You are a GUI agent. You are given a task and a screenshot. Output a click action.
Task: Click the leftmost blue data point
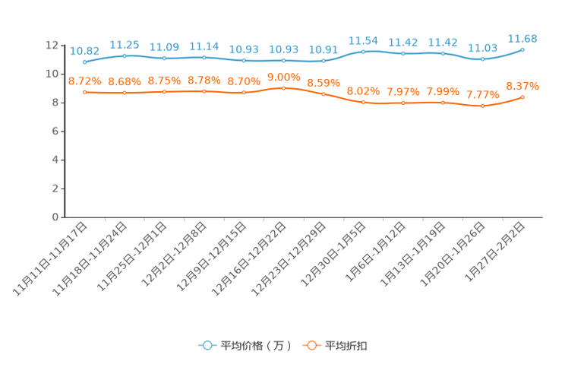coord(84,62)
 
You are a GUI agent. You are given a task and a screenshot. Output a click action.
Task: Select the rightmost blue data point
coord(522,49)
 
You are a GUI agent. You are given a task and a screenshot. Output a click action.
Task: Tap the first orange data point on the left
coord(84,91)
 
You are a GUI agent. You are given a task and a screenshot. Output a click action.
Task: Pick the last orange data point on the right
coord(522,97)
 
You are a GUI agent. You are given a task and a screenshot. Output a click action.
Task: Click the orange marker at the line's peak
coord(283,87)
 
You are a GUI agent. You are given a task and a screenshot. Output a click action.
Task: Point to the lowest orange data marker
coord(482,106)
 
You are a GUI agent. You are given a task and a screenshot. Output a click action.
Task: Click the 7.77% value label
coord(482,95)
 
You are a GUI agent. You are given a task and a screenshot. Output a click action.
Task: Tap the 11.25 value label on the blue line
coord(124,45)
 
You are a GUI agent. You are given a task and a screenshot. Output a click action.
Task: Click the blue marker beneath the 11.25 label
coord(124,55)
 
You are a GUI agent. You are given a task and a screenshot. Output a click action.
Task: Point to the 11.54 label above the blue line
coord(363,40)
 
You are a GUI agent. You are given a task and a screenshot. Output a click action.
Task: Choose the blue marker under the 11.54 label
coord(363,52)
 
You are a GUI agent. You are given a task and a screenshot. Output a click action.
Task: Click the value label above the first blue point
coord(84,51)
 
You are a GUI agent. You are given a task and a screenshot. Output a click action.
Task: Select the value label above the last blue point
coord(522,38)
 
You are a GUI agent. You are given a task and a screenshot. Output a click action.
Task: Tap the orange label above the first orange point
coord(84,80)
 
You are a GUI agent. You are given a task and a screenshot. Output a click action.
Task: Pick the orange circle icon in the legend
coord(311,345)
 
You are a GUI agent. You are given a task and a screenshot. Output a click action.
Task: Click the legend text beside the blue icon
coord(256,346)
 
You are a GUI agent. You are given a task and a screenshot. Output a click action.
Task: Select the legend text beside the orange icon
coord(346,346)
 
